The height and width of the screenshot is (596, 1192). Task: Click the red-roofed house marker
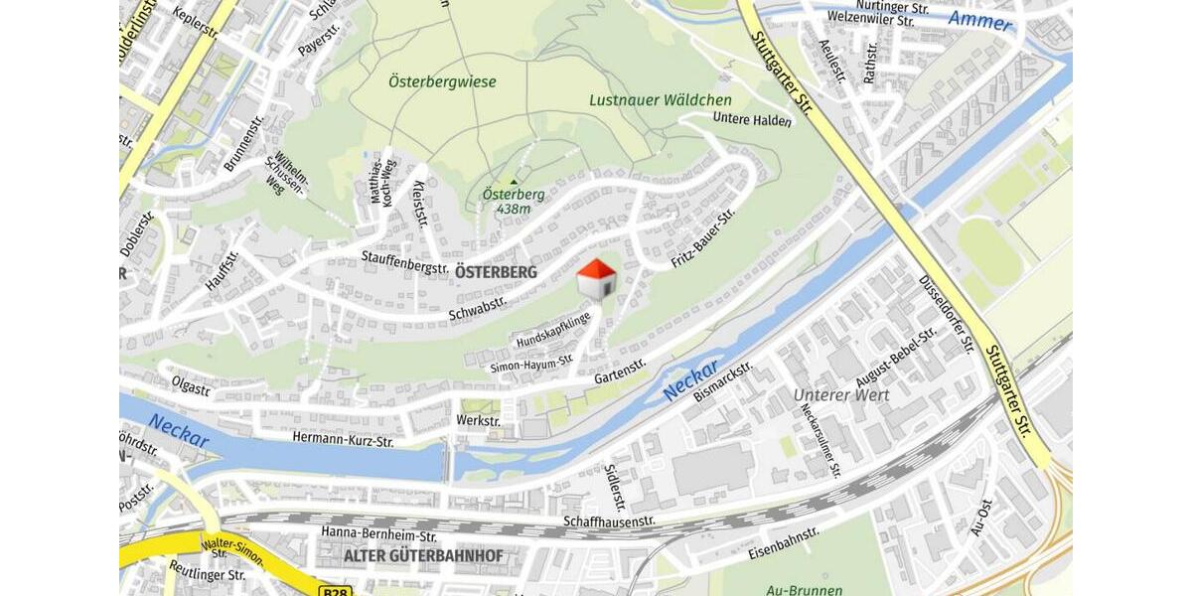click(597, 279)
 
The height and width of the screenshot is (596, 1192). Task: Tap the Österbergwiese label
click(442, 81)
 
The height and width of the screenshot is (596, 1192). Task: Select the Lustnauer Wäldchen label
click(660, 100)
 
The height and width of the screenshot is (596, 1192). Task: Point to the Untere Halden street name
click(752, 120)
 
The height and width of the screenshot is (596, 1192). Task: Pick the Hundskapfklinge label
click(552, 331)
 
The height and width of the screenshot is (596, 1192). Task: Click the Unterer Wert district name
click(841, 394)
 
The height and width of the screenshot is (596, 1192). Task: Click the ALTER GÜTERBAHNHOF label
click(423, 555)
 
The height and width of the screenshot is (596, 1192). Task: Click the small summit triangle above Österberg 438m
click(514, 181)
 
